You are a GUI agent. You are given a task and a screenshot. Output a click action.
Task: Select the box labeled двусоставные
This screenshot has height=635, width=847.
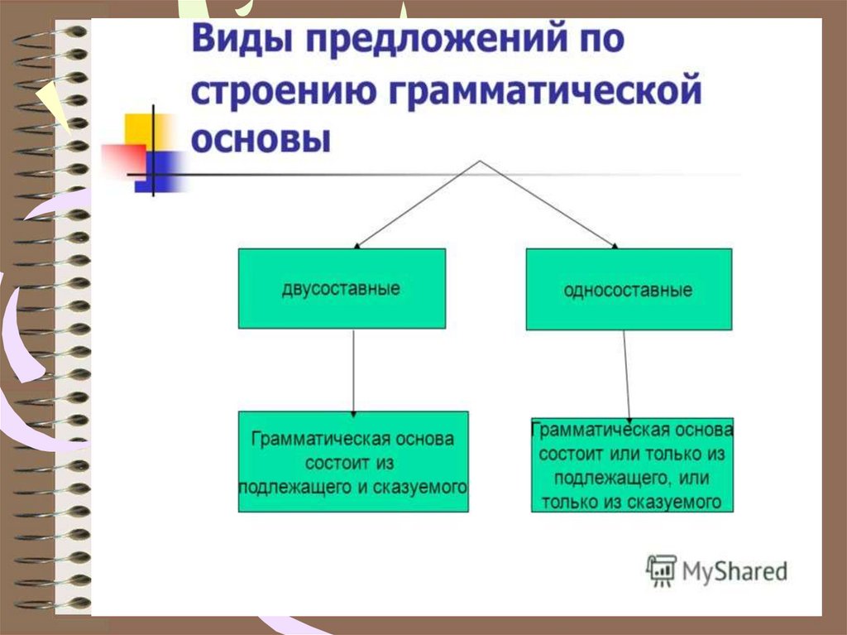click(x=341, y=289)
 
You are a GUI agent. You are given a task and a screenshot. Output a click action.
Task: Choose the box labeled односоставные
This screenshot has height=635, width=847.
click(x=629, y=290)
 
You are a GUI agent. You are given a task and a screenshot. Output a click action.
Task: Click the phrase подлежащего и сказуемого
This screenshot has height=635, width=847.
click(x=353, y=487)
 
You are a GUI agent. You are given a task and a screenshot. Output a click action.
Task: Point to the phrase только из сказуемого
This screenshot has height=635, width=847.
click(x=633, y=502)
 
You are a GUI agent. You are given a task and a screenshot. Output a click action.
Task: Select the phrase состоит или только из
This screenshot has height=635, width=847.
click(x=632, y=455)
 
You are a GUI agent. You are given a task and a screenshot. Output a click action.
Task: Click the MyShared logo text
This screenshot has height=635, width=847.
click(x=735, y=571)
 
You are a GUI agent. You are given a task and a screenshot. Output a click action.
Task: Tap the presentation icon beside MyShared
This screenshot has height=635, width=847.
click(x=661, y=570)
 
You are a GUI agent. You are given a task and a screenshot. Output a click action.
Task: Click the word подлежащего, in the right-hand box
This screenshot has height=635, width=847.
click(x=610, y=479)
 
